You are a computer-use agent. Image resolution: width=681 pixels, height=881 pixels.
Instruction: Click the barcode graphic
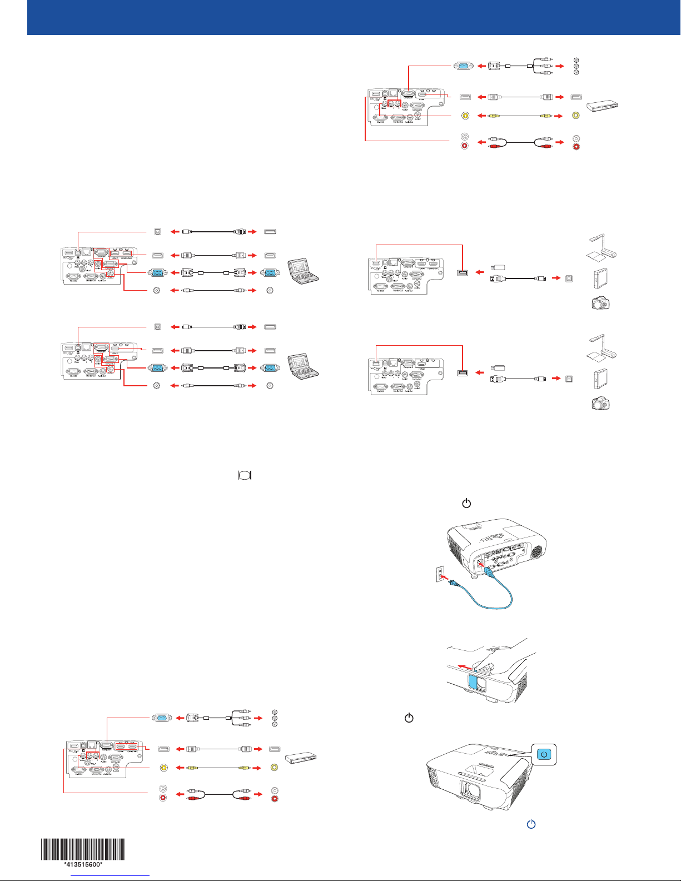coord(83,848)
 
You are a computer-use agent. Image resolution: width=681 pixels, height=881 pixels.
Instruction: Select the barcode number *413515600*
coord(83,865)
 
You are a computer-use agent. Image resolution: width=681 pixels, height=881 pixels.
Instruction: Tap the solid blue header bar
coord(354,17)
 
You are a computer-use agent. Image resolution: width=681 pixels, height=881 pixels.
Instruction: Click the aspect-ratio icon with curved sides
coord(245,475)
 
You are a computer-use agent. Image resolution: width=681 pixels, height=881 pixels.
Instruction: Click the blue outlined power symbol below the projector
coord(531,824)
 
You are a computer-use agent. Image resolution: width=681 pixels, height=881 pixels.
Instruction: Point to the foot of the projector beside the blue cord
coord(473,576)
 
